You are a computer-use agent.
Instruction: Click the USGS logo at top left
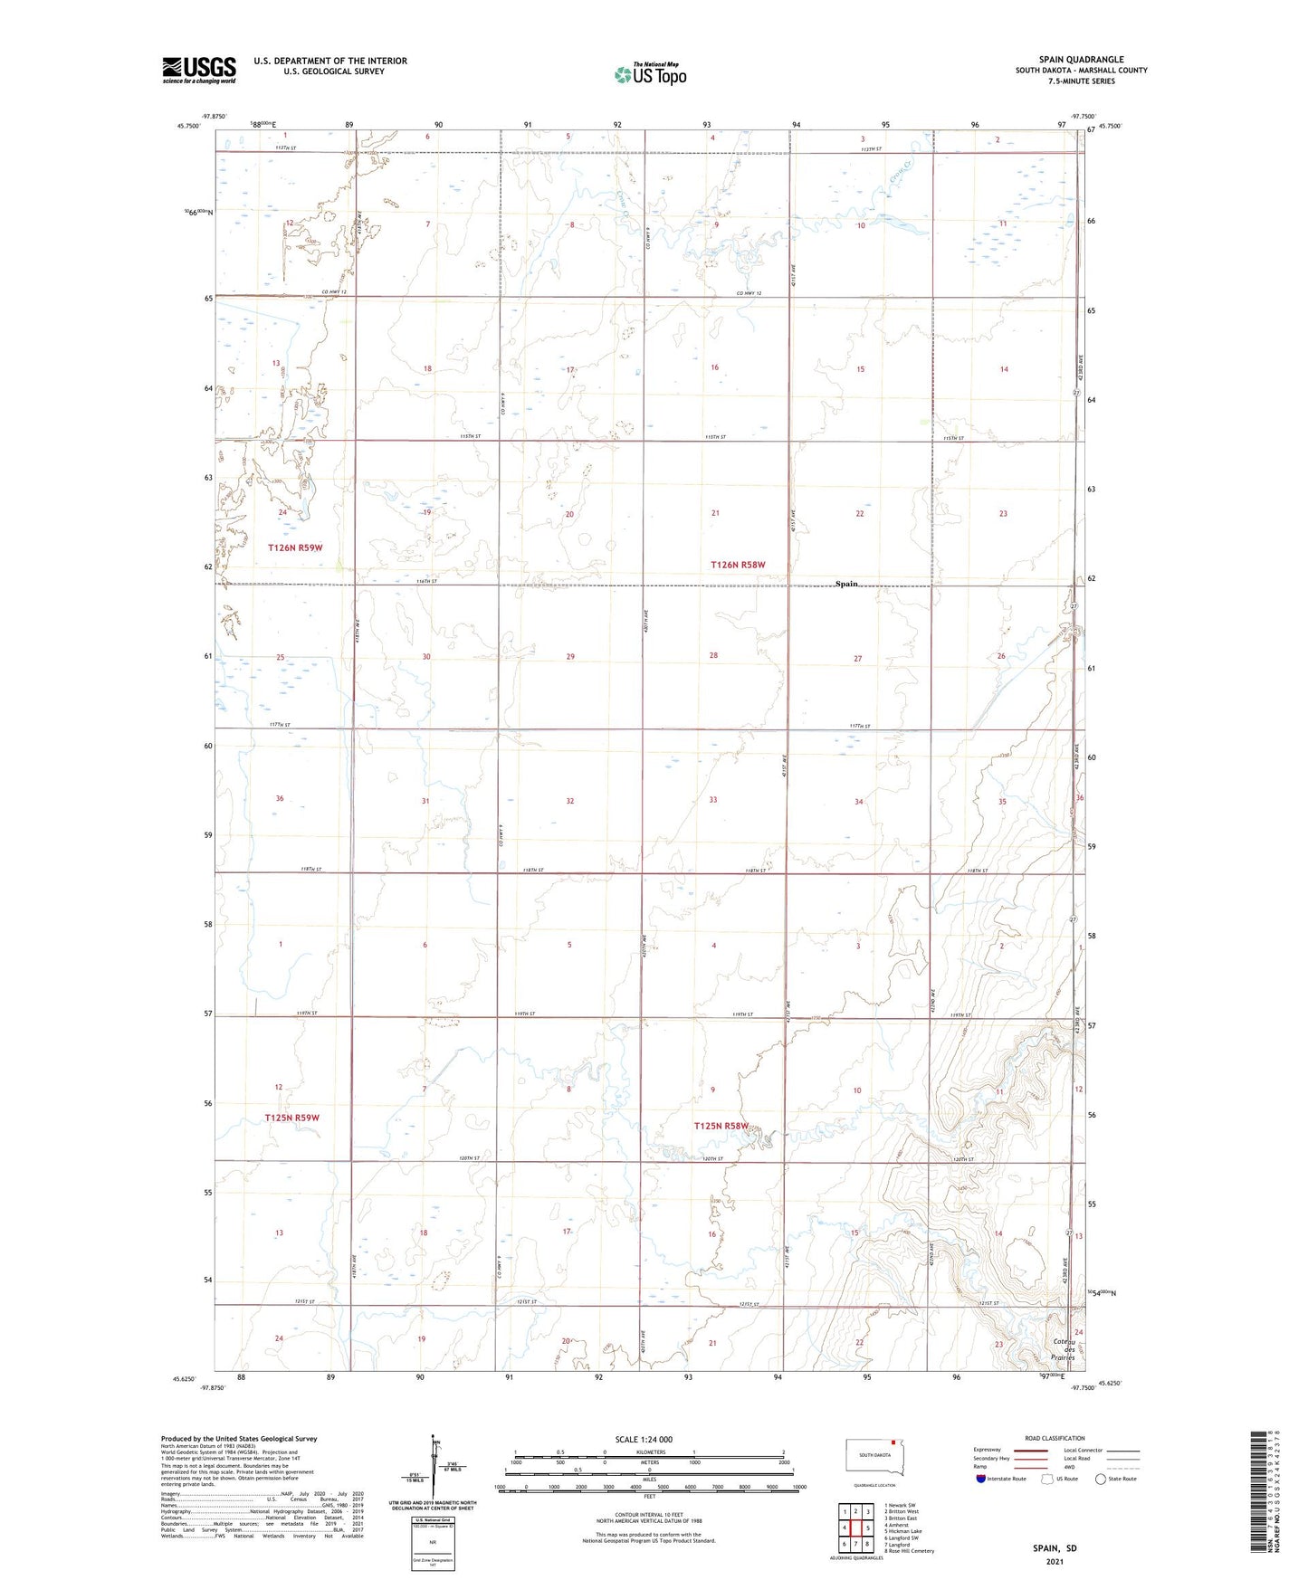(199, 70)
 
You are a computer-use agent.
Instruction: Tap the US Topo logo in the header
(650, 74)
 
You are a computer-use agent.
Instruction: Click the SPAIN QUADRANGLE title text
(1081, 59)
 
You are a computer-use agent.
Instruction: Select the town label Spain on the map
(845, 584)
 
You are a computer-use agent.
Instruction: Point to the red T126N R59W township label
(295, 547)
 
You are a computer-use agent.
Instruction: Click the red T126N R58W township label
(738, 565)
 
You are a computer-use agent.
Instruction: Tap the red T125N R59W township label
(291, 1118)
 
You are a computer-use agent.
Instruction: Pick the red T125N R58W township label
(721, 1126)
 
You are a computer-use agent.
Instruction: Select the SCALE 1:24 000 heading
(644, 1439)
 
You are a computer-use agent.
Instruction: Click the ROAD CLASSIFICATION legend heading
(1055, 1438)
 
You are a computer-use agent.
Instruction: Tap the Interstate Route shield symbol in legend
(981, 1479)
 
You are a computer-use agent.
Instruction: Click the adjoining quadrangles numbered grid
(855, 1528)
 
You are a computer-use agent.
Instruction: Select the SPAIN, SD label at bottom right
(1055, 1547)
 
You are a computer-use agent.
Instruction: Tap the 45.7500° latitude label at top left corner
(188, 126)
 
